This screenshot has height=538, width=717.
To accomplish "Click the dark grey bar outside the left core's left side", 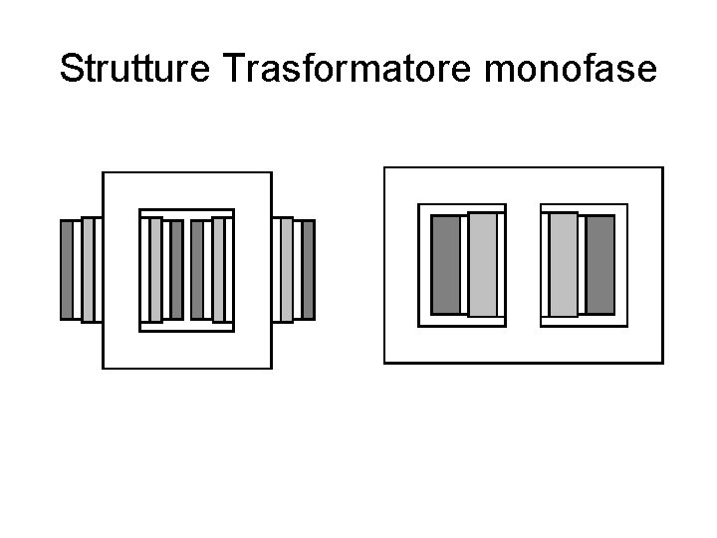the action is [68, 269].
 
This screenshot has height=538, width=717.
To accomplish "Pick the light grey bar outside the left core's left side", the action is [88, 269].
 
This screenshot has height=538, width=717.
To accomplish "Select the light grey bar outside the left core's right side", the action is [287, 269].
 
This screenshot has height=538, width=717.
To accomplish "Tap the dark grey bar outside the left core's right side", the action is [308, 269].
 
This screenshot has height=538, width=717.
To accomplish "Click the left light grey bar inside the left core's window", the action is [155, 269].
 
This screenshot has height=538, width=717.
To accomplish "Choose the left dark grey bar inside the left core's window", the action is [176, 269].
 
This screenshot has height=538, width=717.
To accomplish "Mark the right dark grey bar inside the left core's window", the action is [197, 269].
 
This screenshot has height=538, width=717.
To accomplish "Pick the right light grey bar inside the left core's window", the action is [218, 269].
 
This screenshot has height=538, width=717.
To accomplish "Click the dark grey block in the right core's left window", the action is [446, 264].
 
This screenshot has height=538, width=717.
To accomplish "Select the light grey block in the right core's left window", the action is [482, 264].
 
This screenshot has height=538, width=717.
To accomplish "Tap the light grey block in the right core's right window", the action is [564, 264].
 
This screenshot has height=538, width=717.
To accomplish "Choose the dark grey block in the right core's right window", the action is [599, 264].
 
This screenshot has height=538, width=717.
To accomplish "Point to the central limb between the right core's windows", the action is [523, 264].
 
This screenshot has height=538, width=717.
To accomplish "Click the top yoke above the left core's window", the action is [187, 191].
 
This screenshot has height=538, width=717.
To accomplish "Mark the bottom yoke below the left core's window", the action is [187, 349].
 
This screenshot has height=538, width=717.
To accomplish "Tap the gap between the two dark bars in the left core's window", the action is [187, 269].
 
